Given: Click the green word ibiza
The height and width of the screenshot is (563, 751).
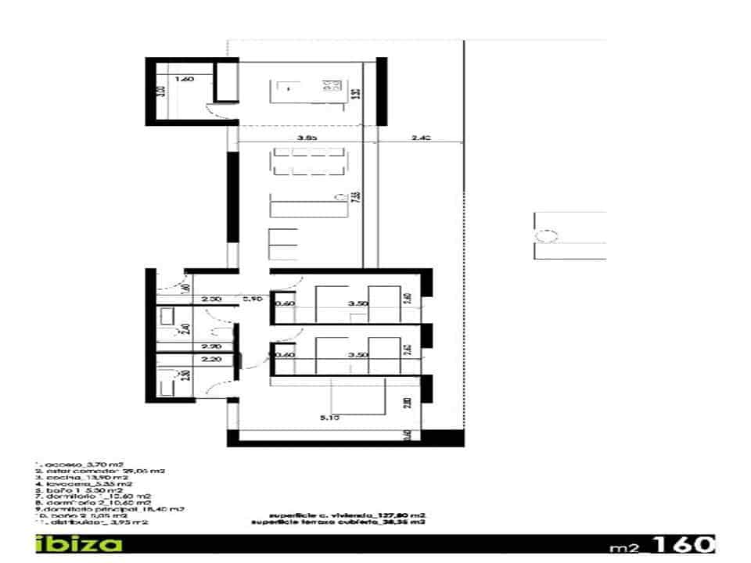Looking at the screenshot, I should [78, 543].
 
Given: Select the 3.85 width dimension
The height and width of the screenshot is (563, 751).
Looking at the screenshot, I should [307, 138].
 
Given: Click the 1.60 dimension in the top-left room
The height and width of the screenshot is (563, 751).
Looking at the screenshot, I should [183, 79].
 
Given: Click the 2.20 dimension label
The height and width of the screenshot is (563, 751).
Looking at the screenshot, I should [209, 360].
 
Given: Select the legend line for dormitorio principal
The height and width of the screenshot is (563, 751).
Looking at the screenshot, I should [110, 509].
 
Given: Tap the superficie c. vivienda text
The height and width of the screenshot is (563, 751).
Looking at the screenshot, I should [347, 516].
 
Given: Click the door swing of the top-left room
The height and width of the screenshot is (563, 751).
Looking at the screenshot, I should [214, 111].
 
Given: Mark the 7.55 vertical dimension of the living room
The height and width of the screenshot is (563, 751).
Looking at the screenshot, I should [356, 195].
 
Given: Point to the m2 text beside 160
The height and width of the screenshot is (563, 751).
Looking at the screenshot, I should [627, 546].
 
